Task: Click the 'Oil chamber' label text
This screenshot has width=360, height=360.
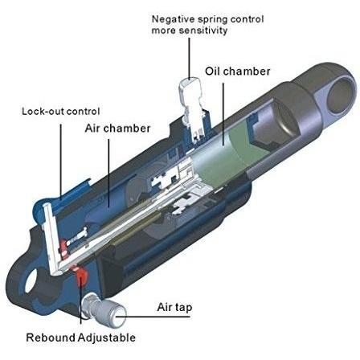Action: (238, 72)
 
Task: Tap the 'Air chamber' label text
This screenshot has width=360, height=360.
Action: (117, 129)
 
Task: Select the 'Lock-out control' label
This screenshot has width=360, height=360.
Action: (61, 111)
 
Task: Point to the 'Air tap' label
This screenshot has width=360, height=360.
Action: (174, 307)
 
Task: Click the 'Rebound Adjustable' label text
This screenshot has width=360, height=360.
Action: (80, 337)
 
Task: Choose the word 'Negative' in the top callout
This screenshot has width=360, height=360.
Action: (174, 19)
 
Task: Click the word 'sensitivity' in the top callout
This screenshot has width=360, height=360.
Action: (203, 31)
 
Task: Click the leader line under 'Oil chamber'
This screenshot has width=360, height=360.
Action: (223, 114)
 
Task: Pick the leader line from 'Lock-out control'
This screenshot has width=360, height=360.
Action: (61, 162)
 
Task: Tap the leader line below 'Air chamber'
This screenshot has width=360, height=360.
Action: (108, 173)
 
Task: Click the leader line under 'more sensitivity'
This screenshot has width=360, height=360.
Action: (189, 59)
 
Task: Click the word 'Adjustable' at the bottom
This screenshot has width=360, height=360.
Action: (107, 337)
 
